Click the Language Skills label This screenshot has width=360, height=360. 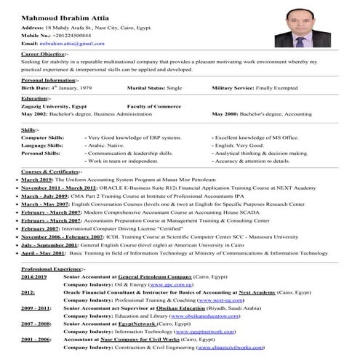pos(41,145)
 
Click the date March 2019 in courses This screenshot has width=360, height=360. pos(37,179)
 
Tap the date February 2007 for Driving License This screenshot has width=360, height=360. pos(40,228)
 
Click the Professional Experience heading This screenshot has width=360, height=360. pos(53,270)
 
